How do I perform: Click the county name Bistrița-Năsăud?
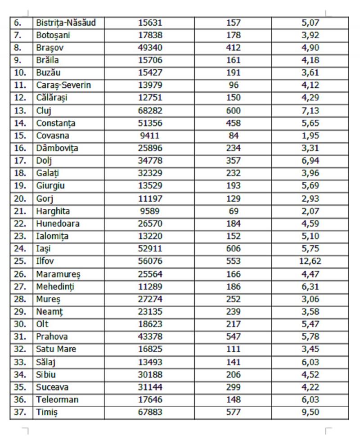click(x=66, y=22)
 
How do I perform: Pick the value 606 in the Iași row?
click(x=234, y=249)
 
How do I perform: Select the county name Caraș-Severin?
click(x=64, y=85)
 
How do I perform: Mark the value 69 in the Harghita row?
click(x=234, y=211)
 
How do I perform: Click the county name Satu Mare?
click(x=56, y=349)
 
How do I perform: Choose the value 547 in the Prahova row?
click(x=234, y=337)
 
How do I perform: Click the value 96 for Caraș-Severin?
click(x=234, y=85)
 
